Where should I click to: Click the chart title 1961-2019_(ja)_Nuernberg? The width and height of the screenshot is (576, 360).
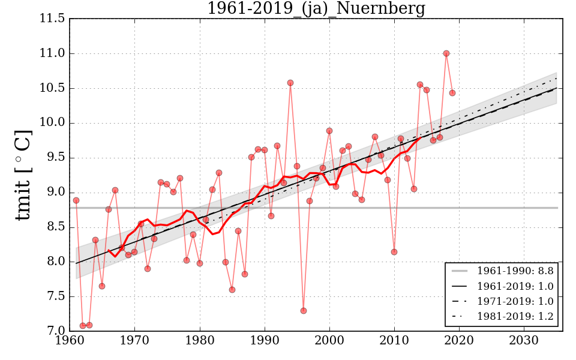[316, 9]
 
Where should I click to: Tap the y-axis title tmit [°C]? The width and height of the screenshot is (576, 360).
[23, 175]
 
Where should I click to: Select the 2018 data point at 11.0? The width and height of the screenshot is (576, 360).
[446, 53]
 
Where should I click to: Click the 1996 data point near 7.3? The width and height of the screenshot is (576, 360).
[304, 311]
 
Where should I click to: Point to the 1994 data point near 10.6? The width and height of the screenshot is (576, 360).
[290, 83]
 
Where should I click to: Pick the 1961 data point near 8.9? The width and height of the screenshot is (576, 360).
[76, 200]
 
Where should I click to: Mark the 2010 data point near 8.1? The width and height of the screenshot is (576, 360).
[394, 252]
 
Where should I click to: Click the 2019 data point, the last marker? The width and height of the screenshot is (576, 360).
[452, 93]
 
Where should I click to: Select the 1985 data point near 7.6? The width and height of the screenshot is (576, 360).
[232, 290]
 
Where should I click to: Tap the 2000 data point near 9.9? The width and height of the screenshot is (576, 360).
[329, 131]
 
